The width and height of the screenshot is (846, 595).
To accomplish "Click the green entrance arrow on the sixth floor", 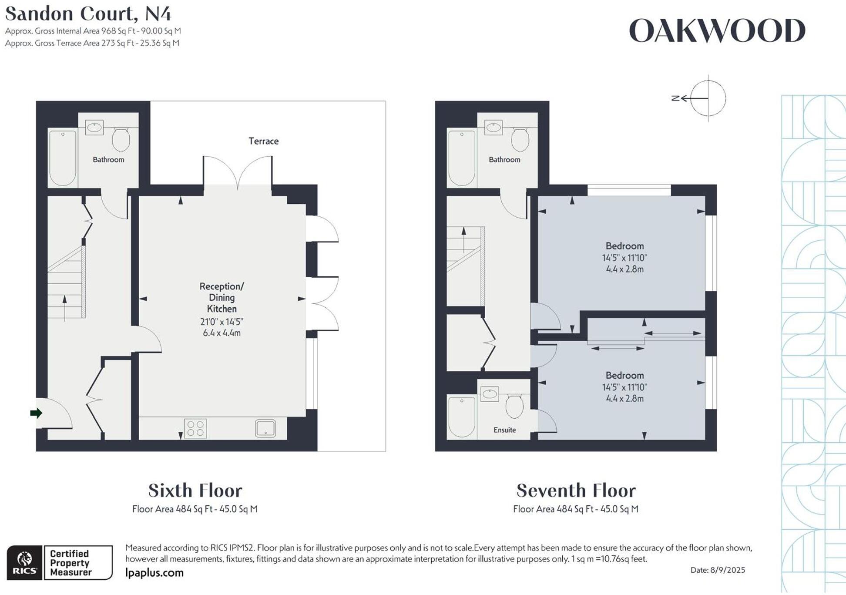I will click(36, 413).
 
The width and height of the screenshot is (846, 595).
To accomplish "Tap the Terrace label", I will click(263, 141).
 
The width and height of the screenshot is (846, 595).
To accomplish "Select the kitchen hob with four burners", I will click(195, 428).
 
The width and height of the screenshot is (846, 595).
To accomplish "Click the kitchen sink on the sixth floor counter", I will click(265, 428).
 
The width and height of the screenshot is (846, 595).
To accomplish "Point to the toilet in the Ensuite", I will click(514, 406).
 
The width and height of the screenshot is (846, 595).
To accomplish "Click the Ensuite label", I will click(504, 430).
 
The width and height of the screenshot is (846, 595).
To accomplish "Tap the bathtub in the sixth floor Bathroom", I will click(63, 158).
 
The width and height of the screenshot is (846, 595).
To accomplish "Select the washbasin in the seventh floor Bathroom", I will click(493, 128).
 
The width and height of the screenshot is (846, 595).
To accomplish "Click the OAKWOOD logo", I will click(717, 31).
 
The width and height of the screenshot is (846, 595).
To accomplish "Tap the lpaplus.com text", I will click(154, 573).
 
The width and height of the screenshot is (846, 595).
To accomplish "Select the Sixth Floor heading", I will click(195, 491).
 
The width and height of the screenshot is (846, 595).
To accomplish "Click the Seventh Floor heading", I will click(576, 491).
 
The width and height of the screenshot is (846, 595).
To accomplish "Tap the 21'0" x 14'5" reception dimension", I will click(222, 322).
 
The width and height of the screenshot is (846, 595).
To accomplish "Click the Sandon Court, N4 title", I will click(88, 14).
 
